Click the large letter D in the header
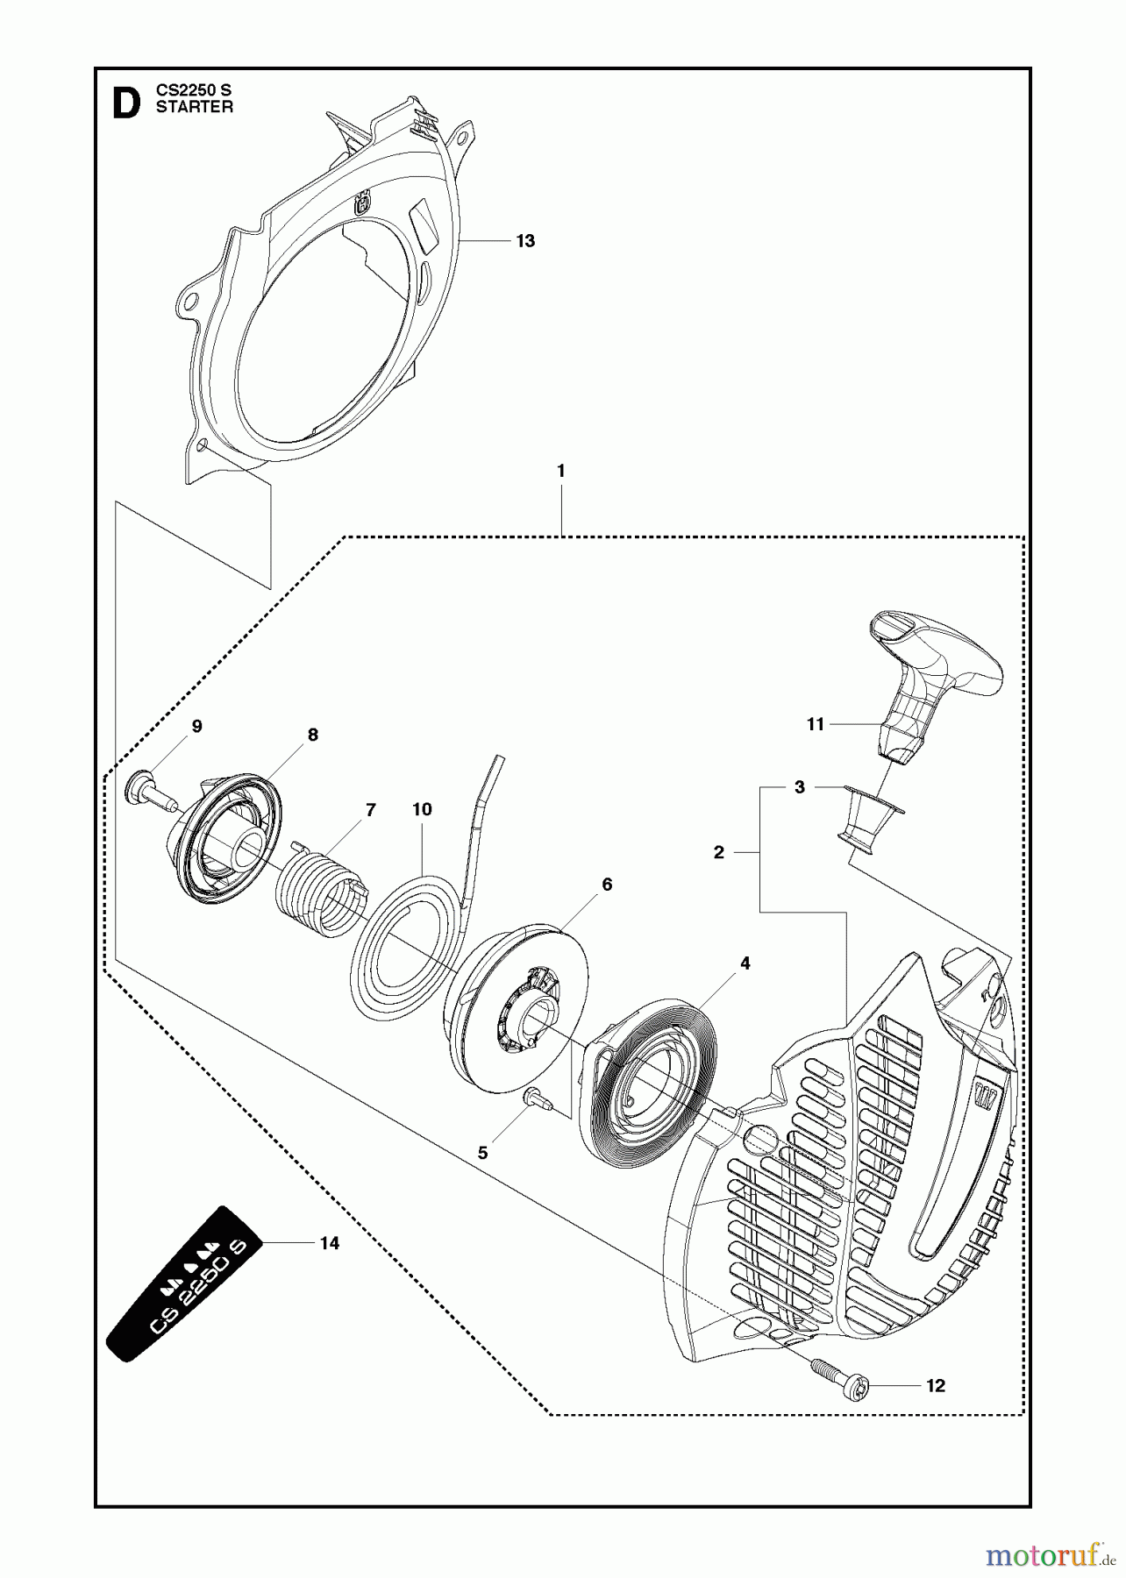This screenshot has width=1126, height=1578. click(x=126, y=102)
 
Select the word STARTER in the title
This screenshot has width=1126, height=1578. click(x=195, y=108)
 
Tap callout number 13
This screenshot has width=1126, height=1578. click(x=525, y=241)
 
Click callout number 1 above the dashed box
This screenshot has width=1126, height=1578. click(x=561, y=471)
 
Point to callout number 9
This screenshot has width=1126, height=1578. click(x=196, y=726)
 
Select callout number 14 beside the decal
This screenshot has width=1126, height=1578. click(x=330, y=1243)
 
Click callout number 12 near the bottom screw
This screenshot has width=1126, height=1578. click(x=936, y=1386)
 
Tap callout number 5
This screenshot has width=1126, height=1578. click(x=482, y=1153)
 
